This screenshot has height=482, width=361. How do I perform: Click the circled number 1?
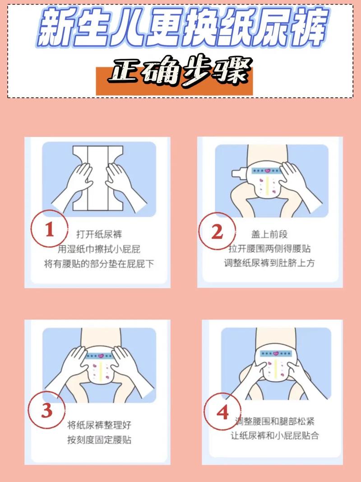(49, 231)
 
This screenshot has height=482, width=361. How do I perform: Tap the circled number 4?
(222, 412)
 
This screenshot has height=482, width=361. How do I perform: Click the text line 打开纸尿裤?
(99, 234)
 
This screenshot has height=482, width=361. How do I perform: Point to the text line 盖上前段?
(269, 234)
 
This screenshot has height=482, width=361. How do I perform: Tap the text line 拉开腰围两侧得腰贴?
(269, 248)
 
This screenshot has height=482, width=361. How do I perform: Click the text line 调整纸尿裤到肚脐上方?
(269, 263)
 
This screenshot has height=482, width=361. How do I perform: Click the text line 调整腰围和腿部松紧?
(275, 421)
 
